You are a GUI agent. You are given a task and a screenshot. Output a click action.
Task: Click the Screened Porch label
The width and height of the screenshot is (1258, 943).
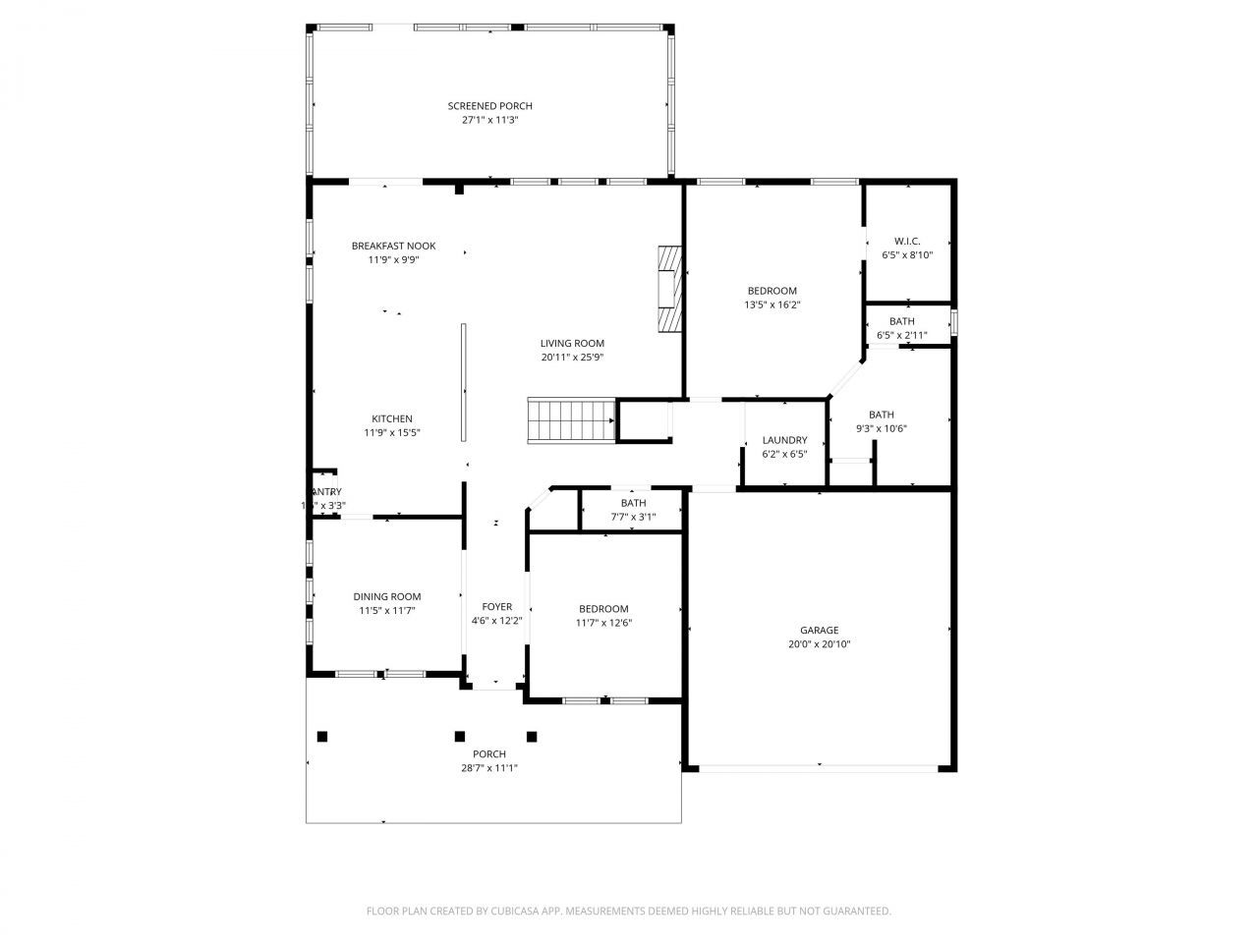pos(489,106)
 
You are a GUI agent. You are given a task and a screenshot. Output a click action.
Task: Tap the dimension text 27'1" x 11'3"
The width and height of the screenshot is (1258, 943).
pos(489,120)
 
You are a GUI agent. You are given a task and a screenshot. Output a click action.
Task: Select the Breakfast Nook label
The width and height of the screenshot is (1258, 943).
pos(393,247)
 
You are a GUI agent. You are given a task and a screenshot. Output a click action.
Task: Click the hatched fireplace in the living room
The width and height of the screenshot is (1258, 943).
pos(669,290)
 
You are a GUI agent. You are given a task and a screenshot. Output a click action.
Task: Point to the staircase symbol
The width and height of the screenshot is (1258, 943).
pos(570,419)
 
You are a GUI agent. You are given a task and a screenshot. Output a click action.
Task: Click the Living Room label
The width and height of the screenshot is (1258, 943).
pos(572,344)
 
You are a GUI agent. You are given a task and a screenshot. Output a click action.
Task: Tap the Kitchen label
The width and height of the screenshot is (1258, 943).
pos(392,419)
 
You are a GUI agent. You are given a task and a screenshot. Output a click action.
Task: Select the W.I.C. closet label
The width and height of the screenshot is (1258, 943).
pos(907,242)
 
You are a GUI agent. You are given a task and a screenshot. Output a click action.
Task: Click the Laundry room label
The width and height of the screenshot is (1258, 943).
pos(784,440)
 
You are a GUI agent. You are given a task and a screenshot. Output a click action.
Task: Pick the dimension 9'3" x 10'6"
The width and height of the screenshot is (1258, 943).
pos(881,428)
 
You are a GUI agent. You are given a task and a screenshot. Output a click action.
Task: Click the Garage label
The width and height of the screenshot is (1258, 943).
pos(819,631)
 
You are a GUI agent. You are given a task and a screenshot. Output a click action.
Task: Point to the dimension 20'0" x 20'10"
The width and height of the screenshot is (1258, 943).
pos(819,644)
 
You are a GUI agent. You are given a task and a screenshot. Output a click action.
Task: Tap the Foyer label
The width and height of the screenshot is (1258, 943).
pos(496,607)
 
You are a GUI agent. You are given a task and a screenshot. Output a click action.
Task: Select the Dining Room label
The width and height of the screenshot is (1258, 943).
pos(387,596)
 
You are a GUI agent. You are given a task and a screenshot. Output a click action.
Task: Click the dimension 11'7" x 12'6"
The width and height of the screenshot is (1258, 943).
pos(603,622)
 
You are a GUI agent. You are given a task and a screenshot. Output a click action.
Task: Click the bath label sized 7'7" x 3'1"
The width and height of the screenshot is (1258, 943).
pos(633,503)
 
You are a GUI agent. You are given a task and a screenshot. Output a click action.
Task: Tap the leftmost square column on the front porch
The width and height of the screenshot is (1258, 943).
pos(321,736)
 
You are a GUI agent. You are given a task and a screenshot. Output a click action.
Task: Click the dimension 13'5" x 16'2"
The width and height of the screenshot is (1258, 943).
pos(772,305)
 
